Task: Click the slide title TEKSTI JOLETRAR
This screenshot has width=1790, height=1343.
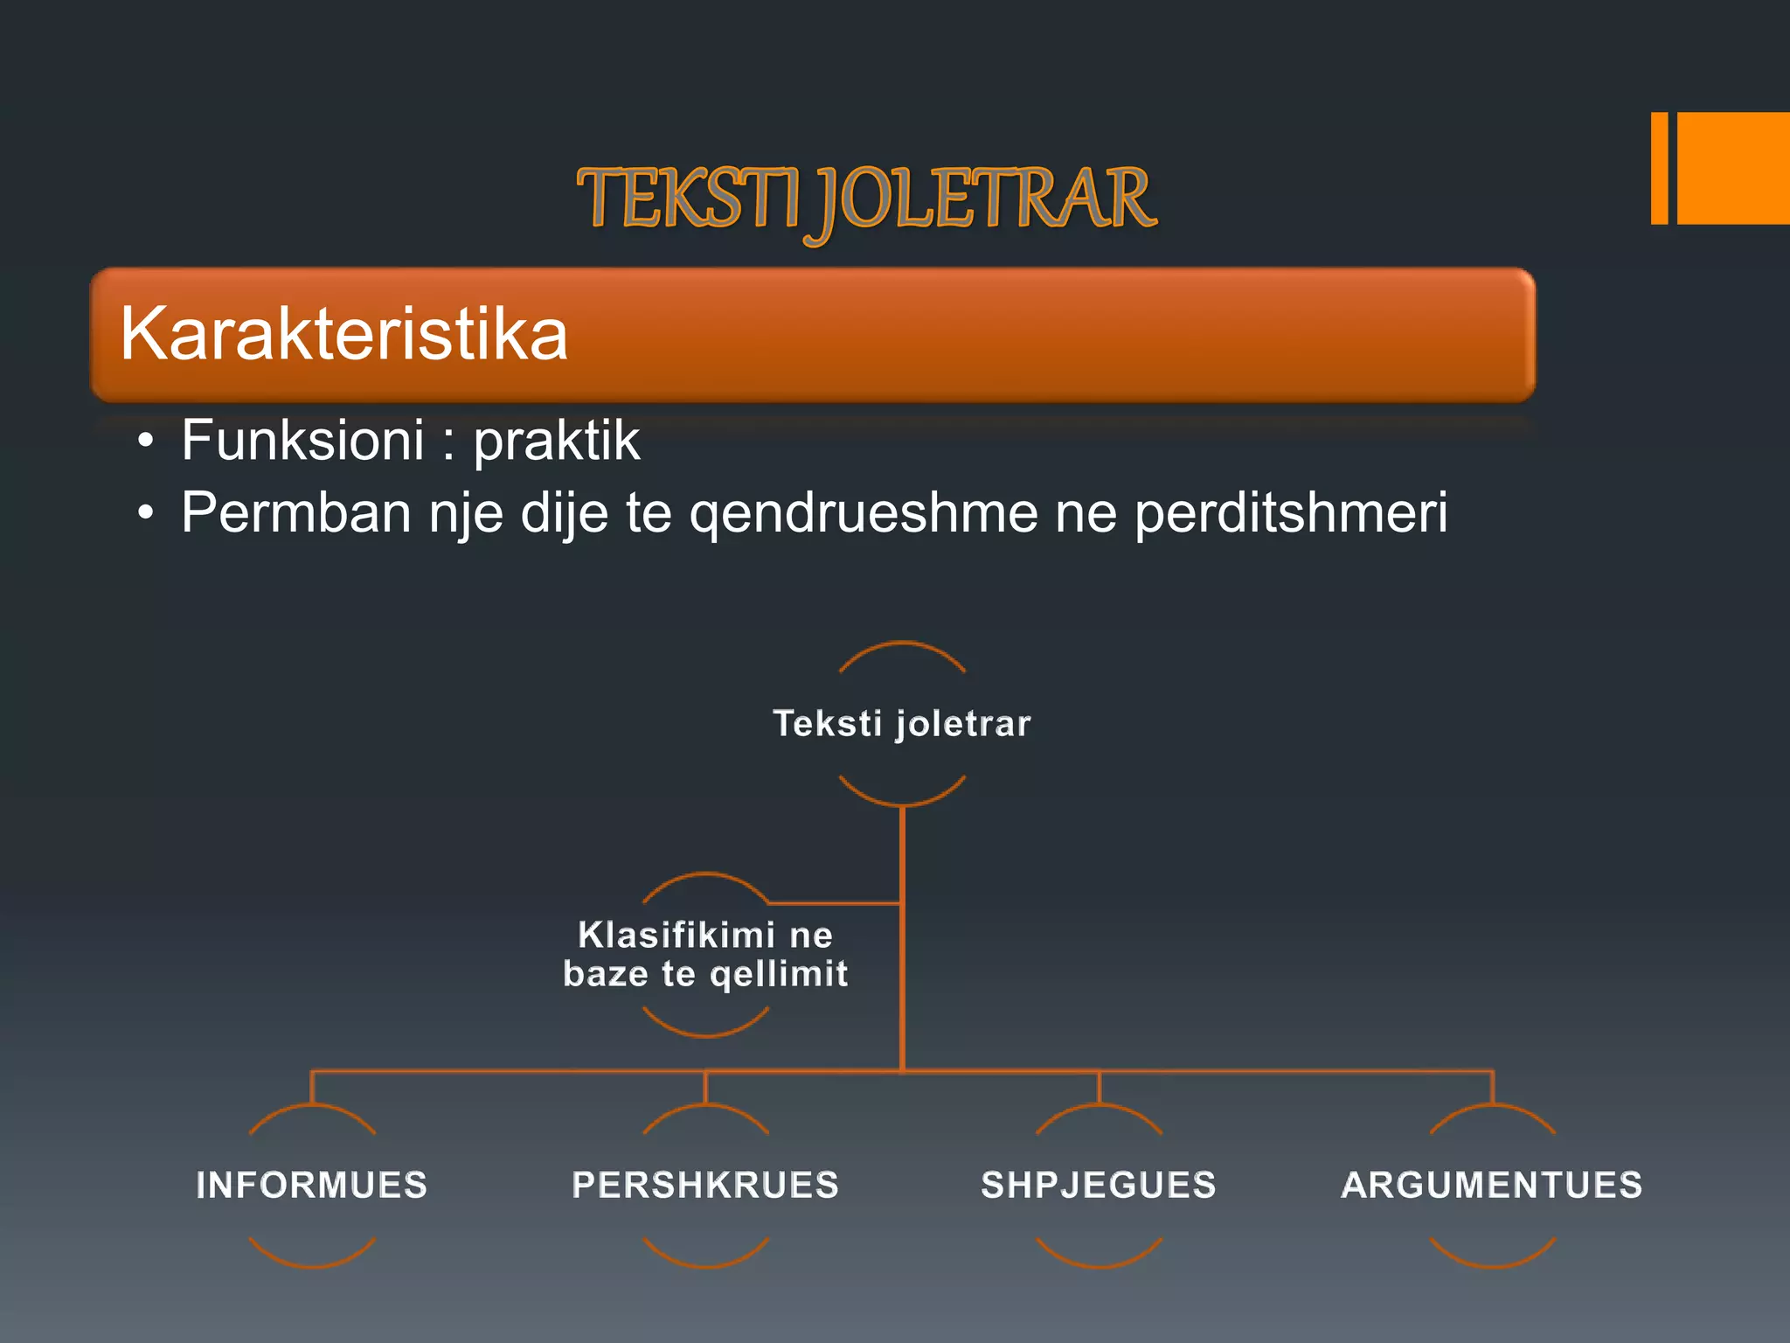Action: tap(867, 199)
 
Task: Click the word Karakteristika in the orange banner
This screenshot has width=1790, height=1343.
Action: tap(343, 334)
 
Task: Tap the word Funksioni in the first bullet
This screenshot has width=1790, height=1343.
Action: tap(302, 440)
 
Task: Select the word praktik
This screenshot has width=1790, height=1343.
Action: tap(557, 440)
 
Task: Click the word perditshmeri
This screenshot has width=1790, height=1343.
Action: tap(1291, 513)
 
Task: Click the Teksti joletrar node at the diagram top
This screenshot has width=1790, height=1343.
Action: tap(902, 724)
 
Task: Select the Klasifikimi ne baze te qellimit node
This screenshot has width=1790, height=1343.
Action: tap(705, 955)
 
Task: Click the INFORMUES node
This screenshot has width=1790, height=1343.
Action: tap(312, 1186)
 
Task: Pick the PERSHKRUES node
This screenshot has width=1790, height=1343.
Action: tap(705, 1186)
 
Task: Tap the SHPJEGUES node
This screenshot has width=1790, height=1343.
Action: tap(1099, 1186)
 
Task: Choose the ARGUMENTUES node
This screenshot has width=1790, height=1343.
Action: tap(1492, 1186)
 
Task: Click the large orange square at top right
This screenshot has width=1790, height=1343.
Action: tap(1733, 168)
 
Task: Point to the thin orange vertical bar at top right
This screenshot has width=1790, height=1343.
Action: tap(1659, 168)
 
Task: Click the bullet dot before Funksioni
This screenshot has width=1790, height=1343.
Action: tap(146, 442)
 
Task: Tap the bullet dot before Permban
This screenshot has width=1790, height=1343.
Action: tap(146, 514)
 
